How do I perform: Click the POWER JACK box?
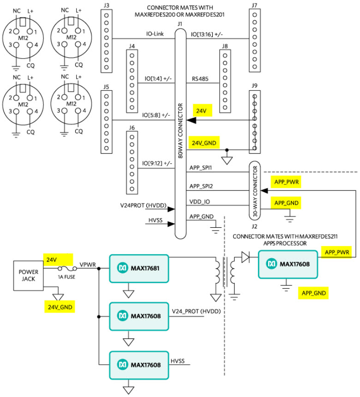[29, 276]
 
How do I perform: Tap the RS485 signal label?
[200, 79]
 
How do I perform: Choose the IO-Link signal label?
[152, 34]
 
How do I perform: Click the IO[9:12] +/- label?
[157, 163]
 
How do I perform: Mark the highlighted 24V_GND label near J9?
[205, 142]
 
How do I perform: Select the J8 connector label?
[225, 46]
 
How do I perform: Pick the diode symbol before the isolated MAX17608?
[245, 256]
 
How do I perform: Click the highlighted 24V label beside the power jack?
[52, 259]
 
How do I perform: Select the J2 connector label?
[254, 226]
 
